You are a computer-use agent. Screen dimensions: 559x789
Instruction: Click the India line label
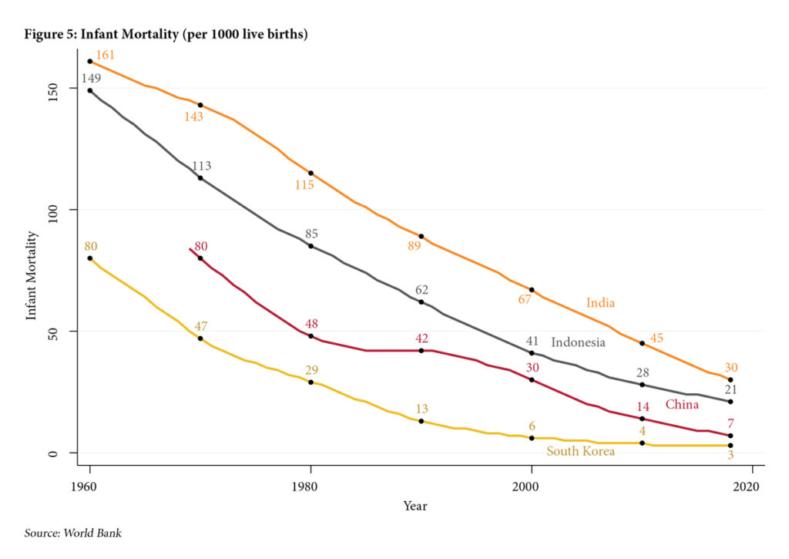pyautogui.click(x=600, y=303)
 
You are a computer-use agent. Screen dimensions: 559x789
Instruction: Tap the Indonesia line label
pyautogui.click(x=578, y=342)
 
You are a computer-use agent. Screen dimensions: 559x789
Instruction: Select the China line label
pyautogui.click(x=682, y=404)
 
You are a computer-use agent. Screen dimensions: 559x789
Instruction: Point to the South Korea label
pyautogui.click(x=580, y=451)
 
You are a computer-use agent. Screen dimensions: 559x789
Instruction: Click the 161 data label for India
pyautogui.click(x=106, y=56)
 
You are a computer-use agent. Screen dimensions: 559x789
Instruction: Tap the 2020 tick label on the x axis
pyautogui.click(x=747, y=487)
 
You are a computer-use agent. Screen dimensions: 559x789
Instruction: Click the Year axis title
pyautogui.click(x=415, y=507)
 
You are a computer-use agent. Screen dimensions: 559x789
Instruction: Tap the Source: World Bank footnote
pyautogui.click(x=73, y=533)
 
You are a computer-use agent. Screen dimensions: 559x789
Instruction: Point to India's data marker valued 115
pyautogui.click(x=311, y=173)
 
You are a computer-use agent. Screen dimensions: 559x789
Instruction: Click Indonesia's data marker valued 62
pyautogui.click(x=421, y=301)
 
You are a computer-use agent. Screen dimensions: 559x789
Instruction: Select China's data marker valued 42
pyautogui.click(x=421, y=351)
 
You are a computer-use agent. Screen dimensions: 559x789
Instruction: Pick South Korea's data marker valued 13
pyautogui.click(x=421, y=421)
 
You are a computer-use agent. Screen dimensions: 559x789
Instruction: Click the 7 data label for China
pyautogui.click(x=730, y=423)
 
